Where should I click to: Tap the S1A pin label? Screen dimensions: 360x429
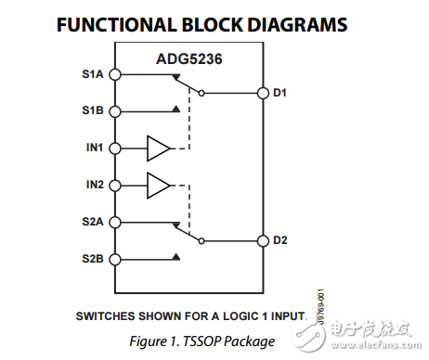coord(93,74)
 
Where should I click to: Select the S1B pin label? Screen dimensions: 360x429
coord(93,110)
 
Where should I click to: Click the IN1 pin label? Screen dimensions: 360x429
coord(95,148)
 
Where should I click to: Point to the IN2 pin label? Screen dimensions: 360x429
coord(95,184)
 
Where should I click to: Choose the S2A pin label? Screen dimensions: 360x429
coord(93,222)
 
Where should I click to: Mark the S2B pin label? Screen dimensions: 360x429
coord(93,258)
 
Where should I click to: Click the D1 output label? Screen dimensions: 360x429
coord(279,93)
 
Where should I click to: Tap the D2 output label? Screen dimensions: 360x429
coord(279,240)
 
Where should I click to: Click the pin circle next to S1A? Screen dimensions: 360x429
coord(115,74)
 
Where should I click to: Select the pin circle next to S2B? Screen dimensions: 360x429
coord(115,258)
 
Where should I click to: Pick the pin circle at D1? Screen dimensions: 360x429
coord(262,93)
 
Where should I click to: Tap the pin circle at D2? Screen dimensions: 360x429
coord(262,240)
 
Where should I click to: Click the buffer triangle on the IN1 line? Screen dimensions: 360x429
coord(159,148)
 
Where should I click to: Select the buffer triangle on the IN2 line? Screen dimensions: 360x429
coord(159,185)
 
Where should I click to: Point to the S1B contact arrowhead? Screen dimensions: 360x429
coord(175,109)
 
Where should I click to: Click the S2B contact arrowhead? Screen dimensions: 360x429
coord(175,257)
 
